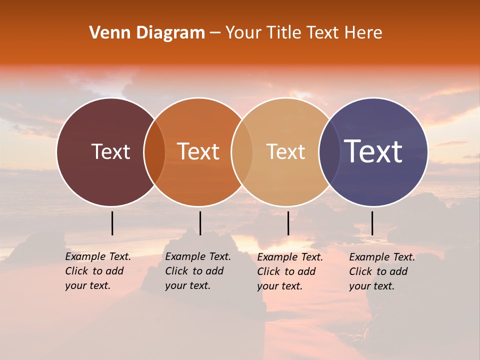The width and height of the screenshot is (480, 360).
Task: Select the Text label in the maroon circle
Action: tap(110, 151)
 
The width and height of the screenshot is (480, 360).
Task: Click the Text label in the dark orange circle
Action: tap(198, 151)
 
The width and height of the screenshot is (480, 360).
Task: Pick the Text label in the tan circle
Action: tap(285, 151)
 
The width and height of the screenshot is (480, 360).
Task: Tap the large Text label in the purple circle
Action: tap(373, 151)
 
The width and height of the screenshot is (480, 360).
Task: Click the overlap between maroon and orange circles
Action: tap(154, 152)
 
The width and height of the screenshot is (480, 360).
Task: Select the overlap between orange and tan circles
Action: tap(242, 152)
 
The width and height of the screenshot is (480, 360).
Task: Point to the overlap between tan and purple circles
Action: tap(329, 152)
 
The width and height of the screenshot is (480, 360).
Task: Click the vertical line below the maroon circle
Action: tap(112, 223)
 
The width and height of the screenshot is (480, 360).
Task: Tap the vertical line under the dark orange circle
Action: tap(200, 223)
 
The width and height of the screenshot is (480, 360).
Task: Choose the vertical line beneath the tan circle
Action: tap(288, 223)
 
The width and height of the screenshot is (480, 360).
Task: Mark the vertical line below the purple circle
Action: tap(372, 223)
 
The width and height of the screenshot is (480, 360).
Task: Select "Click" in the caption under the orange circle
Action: tap(176, 271)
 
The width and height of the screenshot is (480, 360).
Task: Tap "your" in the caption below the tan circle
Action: tap(268, 286)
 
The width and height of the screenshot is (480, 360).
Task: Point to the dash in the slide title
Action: tap(215, 33)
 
